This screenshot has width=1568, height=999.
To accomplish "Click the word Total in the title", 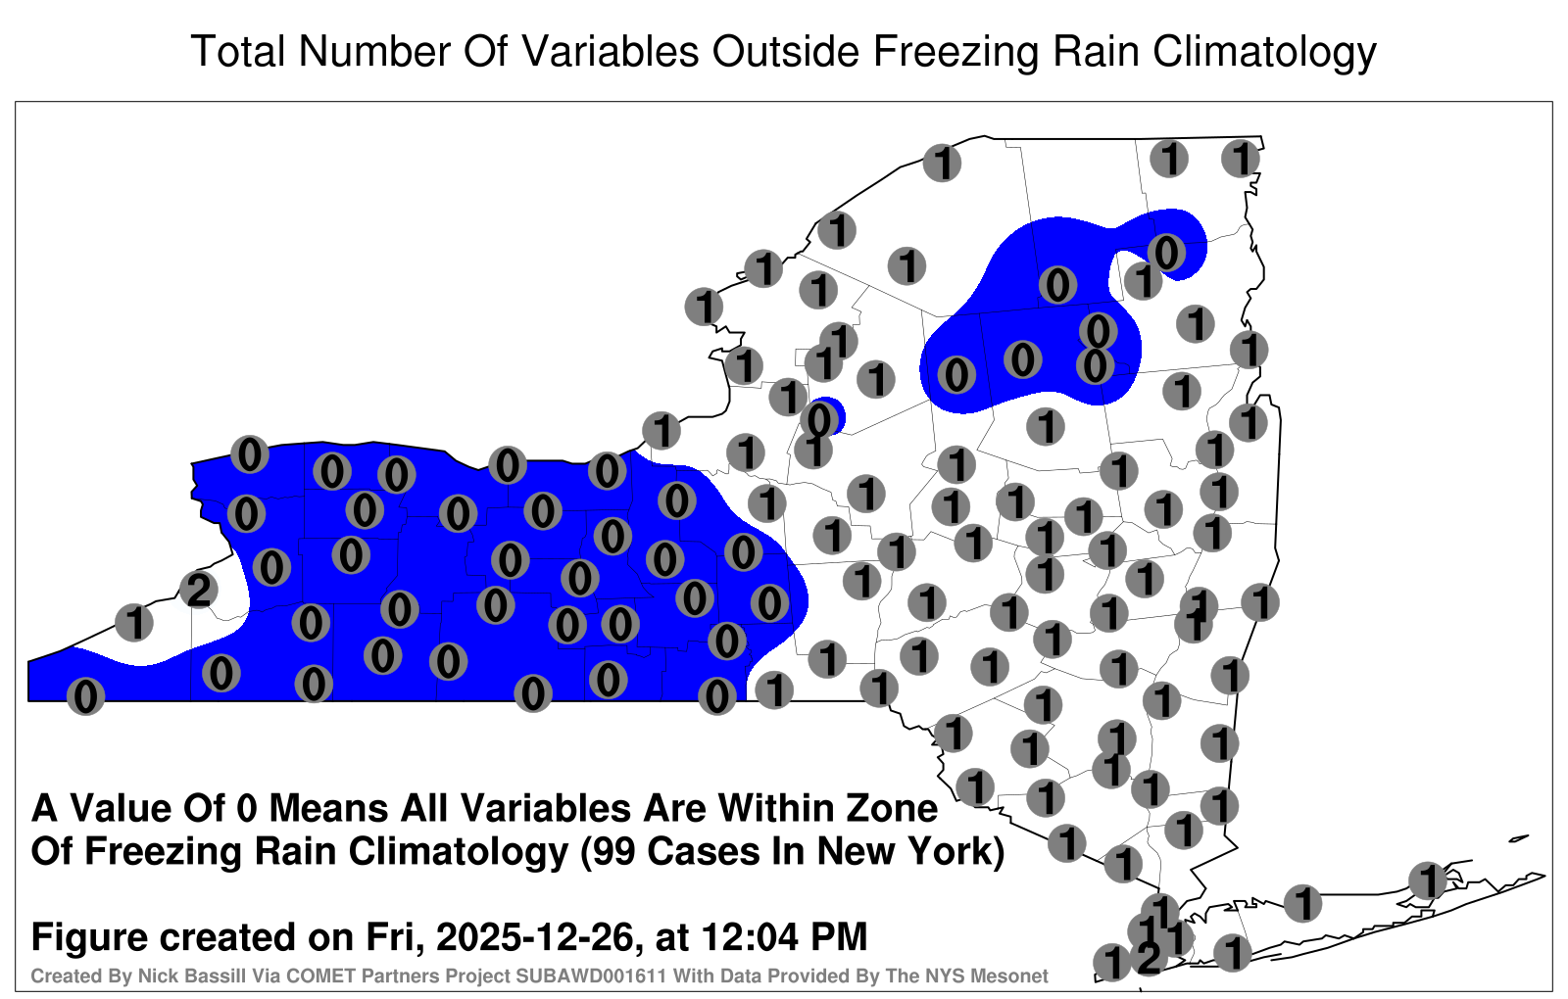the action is click(238, 51).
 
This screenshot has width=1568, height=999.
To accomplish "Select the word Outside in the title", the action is click(785, 51).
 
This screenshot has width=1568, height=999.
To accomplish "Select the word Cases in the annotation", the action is click(703, 852).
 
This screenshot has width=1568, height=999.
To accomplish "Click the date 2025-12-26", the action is click(535, 937).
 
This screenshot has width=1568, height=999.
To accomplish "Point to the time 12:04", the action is click(750, 937).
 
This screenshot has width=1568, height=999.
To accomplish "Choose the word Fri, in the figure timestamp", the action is click(395, 938).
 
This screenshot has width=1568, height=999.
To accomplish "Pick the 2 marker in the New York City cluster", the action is click(1149, 958).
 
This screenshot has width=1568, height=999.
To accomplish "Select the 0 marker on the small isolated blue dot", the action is click(819, 420).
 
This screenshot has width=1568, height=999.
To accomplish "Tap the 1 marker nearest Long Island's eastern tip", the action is click(1427, 880).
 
